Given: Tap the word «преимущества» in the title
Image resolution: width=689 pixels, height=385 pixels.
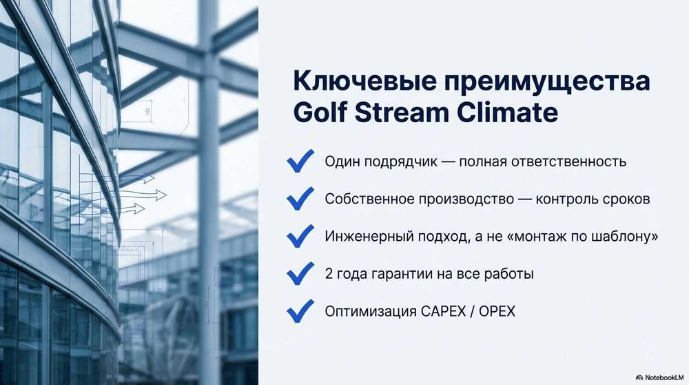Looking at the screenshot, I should pyautogui.click(x=546, y=81).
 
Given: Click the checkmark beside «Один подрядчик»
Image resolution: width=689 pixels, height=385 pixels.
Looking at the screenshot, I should pyautogui.click(x=300, y=162).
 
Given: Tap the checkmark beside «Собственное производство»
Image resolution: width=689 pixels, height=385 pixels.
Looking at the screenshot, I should pyautogui.click(x=300, y=199).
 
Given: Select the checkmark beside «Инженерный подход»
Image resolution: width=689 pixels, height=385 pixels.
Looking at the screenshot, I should pyautogui.click(x=300, y=236).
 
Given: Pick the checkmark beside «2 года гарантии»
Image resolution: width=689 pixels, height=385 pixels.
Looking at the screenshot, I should pyautogui.click(x=300, y=273).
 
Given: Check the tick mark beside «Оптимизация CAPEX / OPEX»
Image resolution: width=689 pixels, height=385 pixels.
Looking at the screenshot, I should pyautogui.click(x=300, y=310).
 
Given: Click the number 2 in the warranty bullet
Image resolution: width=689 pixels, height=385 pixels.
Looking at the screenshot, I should pyautogui.click(x=329, y=274).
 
